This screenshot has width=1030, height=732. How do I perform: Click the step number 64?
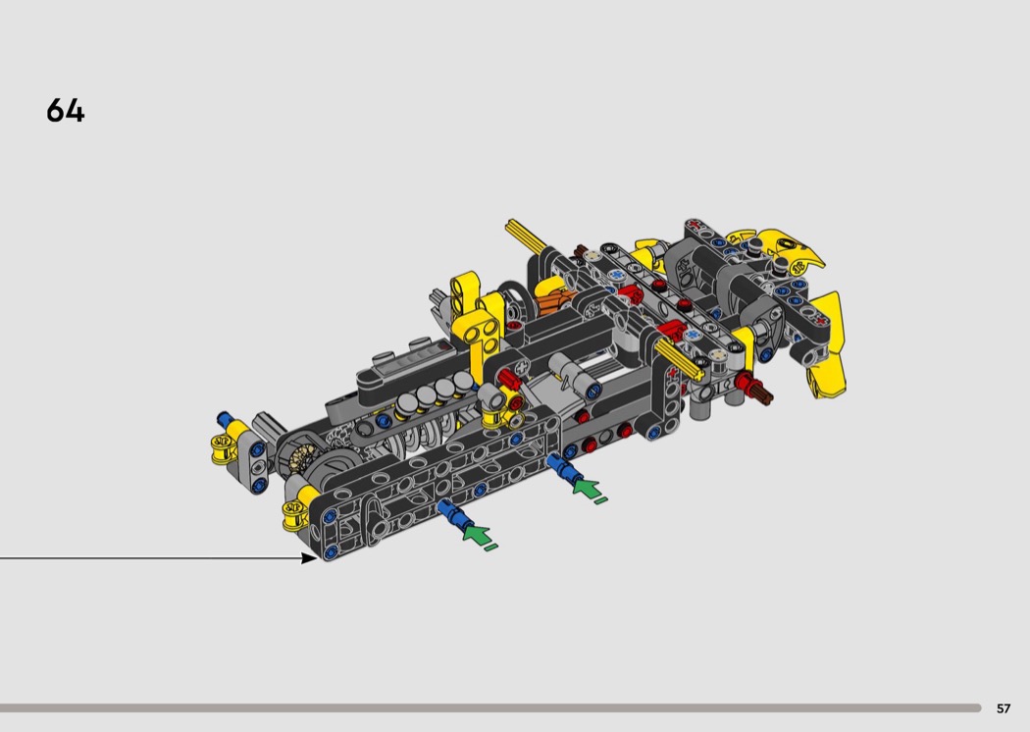tap(66, 111)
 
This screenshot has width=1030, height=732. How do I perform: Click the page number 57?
tap(1004, 708)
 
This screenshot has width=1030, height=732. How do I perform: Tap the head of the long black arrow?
tap(309, 558)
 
